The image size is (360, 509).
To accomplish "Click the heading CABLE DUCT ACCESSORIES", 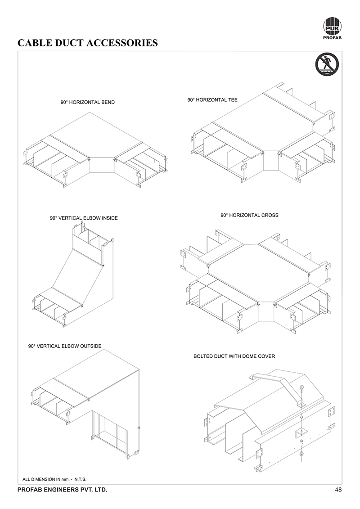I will [87, 43].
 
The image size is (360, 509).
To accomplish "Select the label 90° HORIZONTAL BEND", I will [88, 102].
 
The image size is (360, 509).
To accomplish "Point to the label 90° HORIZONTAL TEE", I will [212, 99].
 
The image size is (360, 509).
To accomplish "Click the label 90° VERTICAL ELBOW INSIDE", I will [84, 218].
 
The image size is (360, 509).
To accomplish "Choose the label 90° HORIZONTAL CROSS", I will [249, 215].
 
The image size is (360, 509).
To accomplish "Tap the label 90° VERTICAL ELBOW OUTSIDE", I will [65, 346].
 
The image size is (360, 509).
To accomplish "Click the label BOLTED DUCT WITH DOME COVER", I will [234, 356].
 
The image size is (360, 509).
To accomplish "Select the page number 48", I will [338, 490].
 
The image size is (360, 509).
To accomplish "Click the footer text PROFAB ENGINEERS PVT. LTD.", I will [62, 490].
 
